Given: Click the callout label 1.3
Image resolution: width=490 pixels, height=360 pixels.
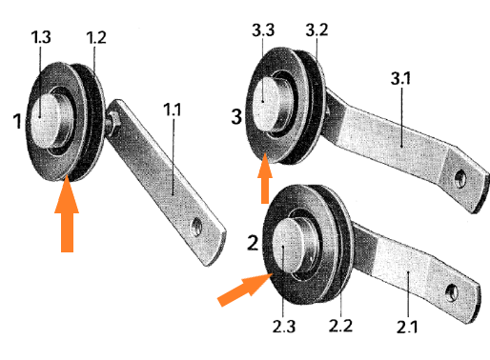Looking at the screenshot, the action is [41, 37].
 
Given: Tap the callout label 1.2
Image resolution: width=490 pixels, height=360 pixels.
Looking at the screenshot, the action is [96, 37].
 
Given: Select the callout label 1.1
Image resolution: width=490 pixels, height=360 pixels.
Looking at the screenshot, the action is [173, 110].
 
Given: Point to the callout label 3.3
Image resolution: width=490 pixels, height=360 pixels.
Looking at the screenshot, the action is [263, 30].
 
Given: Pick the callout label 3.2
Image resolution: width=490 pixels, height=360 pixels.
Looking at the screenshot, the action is [316, 30].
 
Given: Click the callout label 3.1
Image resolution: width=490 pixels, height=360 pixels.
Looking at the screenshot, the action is [400, 78].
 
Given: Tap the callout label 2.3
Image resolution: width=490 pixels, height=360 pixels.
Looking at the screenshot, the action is [284, 327].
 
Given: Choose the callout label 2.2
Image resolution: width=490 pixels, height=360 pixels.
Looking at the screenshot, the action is [340, 326].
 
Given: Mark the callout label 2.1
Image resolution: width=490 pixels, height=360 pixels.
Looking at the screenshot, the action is [407, 327].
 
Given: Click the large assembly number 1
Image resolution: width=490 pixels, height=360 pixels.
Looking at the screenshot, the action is [18, 121].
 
